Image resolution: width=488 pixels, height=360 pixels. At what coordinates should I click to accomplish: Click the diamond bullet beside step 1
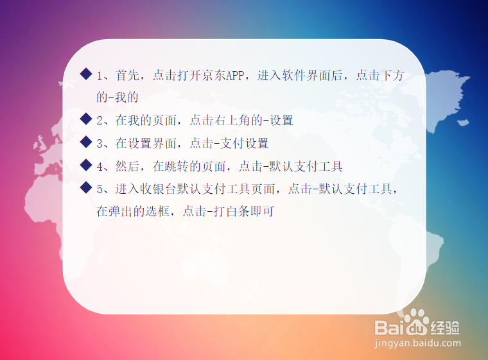coord(86,74)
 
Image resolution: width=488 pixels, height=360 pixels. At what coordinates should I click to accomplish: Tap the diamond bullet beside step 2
coord(86,119)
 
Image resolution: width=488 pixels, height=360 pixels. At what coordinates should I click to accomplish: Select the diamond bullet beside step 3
coord(86,142)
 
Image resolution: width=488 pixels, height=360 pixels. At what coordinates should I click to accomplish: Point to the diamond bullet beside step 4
coord(86,165)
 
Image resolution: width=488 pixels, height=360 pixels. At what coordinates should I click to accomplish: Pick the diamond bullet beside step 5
coord(86,187)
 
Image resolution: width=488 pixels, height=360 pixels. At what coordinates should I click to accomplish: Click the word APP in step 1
coord(235,76)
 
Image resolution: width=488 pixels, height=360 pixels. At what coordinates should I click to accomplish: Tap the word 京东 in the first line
coord(214,76)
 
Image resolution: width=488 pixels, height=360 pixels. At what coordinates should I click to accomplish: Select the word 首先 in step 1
coord(128,76)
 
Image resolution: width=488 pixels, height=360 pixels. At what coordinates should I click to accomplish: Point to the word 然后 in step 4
coord(128,166)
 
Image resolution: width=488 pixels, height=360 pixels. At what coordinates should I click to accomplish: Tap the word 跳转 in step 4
coord(177,166)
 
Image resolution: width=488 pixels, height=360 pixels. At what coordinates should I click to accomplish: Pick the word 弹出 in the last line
coord(121,212)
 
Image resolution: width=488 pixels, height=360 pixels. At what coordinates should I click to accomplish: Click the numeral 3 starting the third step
coord(100,144)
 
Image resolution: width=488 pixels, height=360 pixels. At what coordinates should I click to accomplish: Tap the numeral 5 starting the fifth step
coord(100,189)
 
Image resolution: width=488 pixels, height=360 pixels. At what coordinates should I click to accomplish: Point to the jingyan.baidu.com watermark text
coord(417,343)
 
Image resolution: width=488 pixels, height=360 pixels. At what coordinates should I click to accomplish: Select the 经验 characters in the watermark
coord(445,327)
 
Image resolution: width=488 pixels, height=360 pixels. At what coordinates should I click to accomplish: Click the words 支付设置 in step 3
coord(245,144)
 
